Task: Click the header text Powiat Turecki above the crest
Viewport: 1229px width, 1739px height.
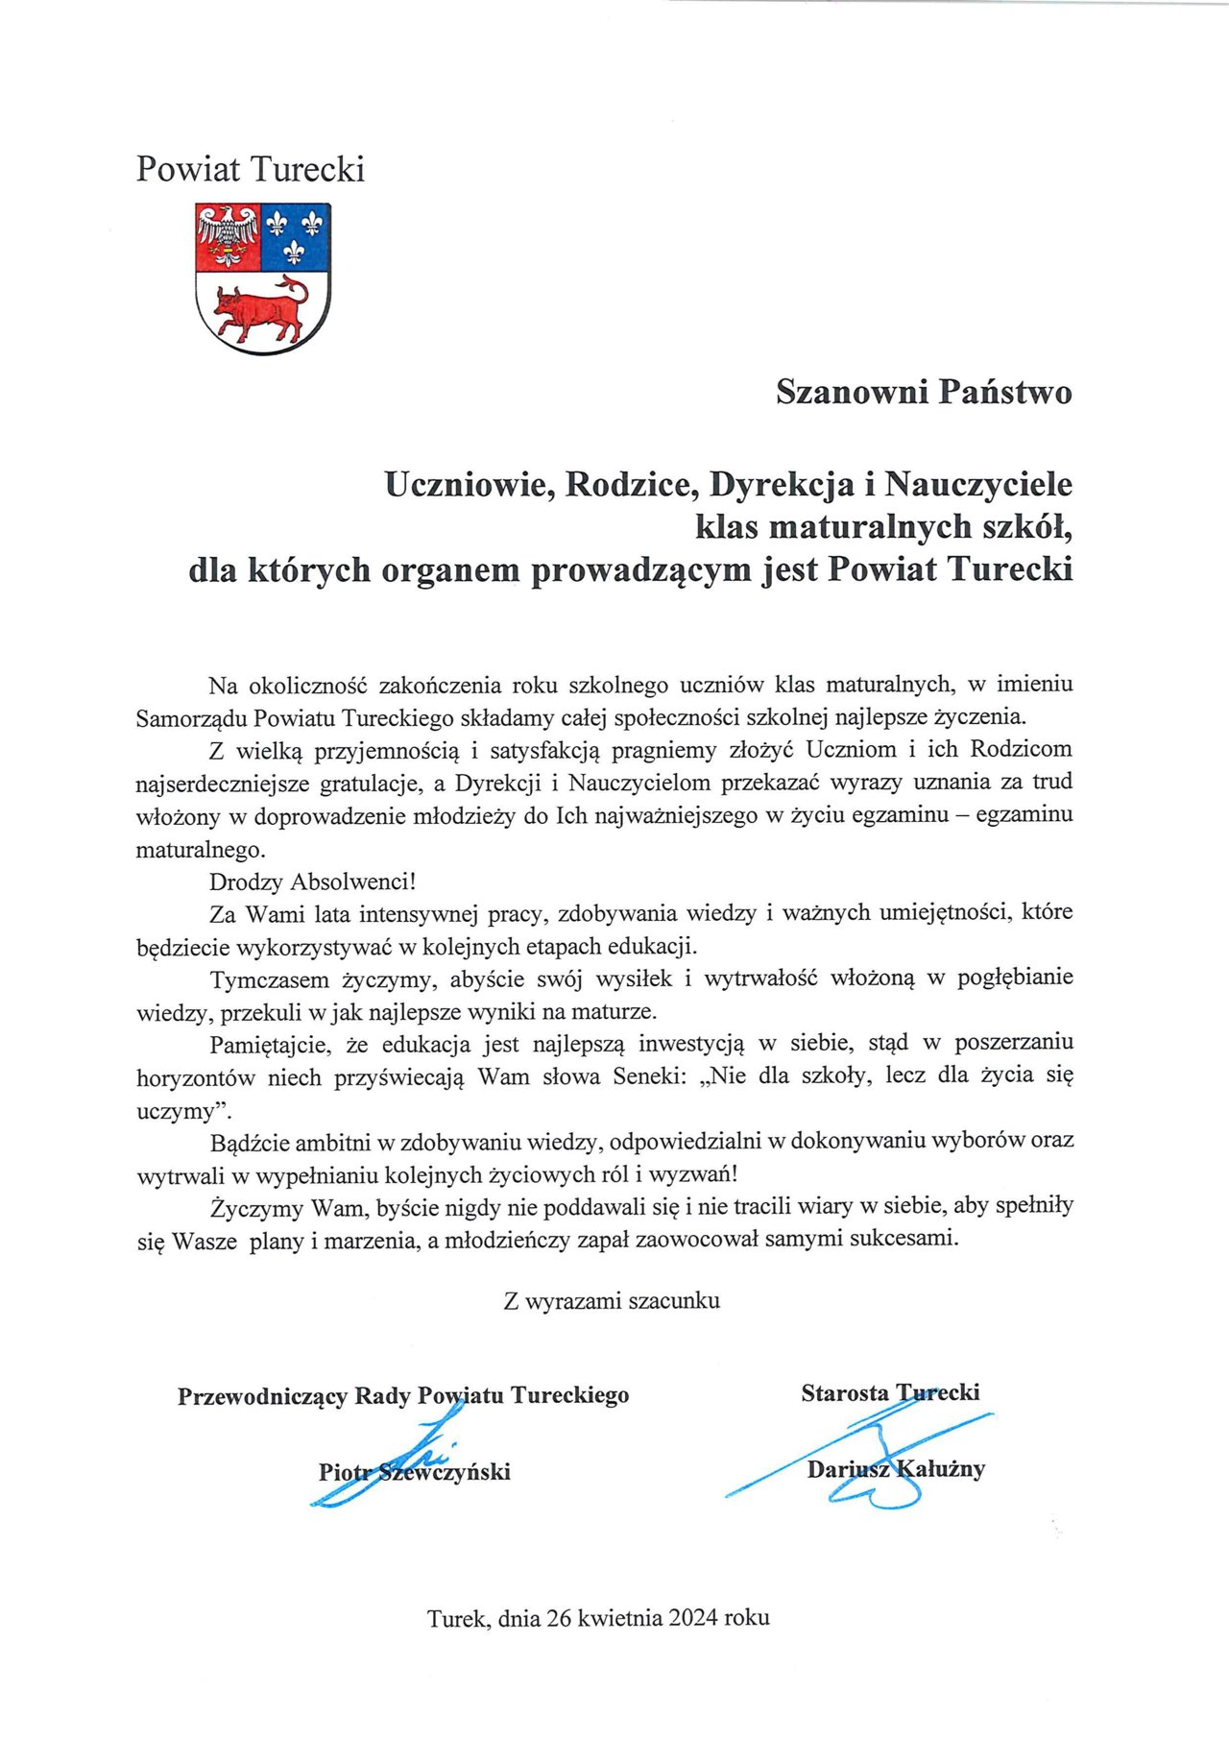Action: point(250,169)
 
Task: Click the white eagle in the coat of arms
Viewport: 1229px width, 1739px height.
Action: point(229,235)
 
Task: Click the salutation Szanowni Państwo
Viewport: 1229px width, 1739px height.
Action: point(924,392)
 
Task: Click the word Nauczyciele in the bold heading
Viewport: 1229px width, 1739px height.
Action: point(977,484)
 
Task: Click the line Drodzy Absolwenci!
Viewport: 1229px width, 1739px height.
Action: point(313,881)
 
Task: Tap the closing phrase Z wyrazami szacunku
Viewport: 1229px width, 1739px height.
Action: point(612,1301)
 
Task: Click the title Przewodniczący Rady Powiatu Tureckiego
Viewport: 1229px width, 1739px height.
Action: point(403,1395)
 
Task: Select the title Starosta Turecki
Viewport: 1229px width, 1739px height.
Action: point(890,1392)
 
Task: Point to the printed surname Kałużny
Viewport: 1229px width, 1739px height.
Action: point(940,1469)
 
